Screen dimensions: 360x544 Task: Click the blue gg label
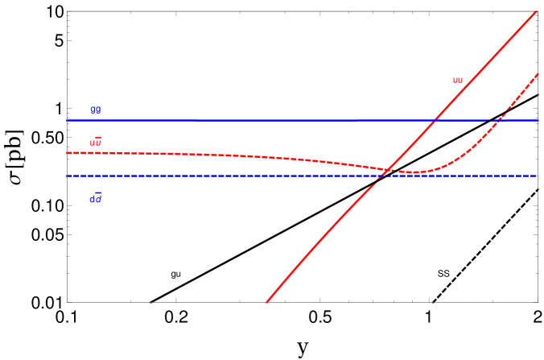coord(96,110)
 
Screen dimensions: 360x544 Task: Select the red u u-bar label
coord(96,143)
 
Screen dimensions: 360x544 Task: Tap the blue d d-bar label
coord(96,197)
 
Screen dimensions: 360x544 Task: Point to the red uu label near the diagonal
coord(458,80)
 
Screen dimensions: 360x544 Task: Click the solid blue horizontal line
coord(241,120)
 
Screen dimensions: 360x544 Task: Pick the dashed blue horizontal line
coord(241,176)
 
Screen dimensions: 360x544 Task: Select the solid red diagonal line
coord(338,225)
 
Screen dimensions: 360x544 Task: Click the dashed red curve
coord(241,155)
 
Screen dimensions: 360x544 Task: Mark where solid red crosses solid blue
coord(435,120)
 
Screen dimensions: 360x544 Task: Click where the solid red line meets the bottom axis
coord(266,302)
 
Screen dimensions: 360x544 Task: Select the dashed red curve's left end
coord(68,152)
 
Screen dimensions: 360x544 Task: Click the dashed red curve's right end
coord(537,74)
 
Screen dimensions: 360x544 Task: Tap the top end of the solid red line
coord(536,12)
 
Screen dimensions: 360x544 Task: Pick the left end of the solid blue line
coord(68,120)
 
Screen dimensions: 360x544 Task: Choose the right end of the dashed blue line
coord(536,176)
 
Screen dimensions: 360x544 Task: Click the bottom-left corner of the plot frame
coord(68,302)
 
